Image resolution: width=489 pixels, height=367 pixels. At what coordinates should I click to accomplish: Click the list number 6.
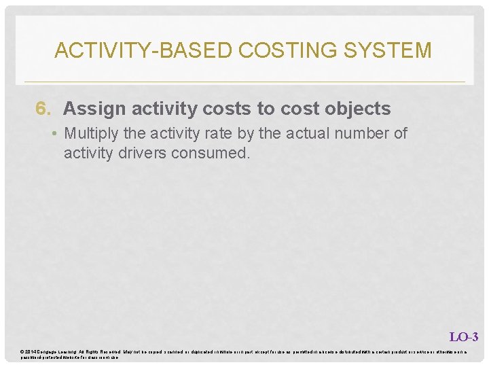point(43,109)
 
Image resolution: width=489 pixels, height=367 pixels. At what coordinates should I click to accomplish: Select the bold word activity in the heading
point(157,109)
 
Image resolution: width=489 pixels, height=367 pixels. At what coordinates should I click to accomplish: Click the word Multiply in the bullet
point(90,133)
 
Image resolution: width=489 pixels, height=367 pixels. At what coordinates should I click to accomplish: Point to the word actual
point(300,133)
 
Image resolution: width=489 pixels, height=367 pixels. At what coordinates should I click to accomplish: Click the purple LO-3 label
point(464,336)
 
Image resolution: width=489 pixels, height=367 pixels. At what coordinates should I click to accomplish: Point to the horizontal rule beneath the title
point(244,82)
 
